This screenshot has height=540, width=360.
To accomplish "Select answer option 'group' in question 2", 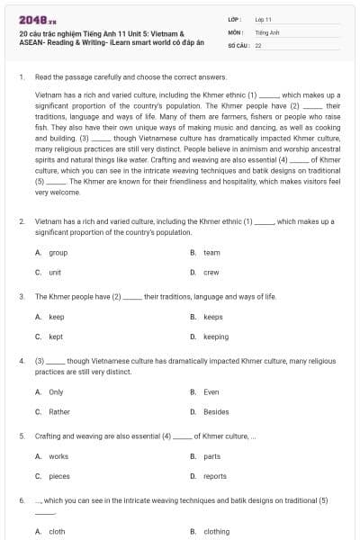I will (x=58, y=253).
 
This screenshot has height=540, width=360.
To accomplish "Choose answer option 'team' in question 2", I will (x=211, y=253).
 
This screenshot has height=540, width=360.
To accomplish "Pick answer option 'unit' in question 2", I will (x=55, y=272).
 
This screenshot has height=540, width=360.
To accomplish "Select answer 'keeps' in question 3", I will (x=213, y=317).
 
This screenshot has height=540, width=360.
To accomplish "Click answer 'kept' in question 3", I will (x=56, y=336).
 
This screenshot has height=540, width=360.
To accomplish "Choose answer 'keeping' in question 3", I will (x=216, y=336).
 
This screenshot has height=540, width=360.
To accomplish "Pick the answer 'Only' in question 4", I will (x=56, y=392).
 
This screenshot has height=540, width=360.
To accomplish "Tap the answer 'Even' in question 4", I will (x=211, y=392).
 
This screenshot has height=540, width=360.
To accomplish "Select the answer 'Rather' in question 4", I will (x=58, y=411).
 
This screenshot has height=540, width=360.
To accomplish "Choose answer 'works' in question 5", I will (x=58, y=456).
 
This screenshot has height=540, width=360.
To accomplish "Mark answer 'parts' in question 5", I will (x=212, y=456).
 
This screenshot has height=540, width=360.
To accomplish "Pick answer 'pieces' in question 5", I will (x=59, y=475).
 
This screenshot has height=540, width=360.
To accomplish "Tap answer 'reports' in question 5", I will (x=215, y=475).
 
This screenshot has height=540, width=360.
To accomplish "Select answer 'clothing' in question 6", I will (x=217, y=532).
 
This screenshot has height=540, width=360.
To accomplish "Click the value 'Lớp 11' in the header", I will (x=264, y=19).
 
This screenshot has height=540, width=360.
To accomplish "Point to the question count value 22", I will (x=258, y=44).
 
